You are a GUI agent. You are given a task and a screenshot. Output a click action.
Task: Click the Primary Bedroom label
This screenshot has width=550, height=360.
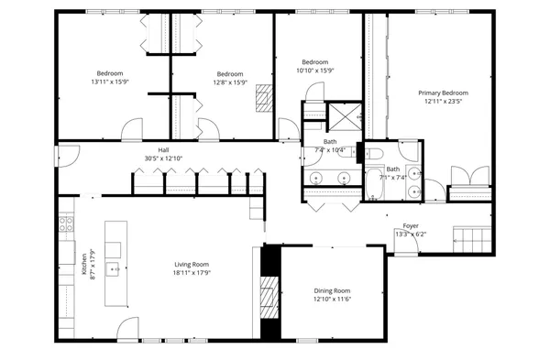444,93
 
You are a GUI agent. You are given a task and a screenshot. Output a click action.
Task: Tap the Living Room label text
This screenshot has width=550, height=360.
193,264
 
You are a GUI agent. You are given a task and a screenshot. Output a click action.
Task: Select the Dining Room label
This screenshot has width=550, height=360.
332,290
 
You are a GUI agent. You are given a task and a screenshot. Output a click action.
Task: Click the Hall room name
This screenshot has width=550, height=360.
163,149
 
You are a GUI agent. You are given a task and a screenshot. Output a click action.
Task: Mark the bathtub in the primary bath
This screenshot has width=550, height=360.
375,184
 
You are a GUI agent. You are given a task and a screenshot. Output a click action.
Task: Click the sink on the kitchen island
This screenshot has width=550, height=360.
114,269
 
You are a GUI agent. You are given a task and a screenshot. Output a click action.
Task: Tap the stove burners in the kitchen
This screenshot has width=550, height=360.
66,224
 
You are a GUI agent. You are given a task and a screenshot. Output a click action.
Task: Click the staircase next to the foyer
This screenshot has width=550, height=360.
474,241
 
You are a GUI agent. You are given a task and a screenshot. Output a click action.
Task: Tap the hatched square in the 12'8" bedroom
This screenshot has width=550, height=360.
264,98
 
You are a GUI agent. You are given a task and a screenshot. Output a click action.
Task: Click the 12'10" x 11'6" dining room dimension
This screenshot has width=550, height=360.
332,299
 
